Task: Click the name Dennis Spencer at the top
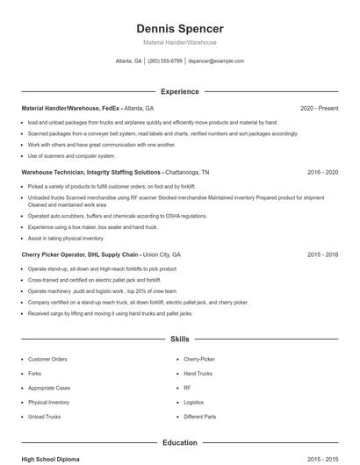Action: pos(179,28)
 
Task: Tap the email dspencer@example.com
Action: pos(216,61)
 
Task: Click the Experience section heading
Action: pos(179,91)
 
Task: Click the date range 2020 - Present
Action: pos(319,108)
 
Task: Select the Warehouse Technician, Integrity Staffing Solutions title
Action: pos(91,173)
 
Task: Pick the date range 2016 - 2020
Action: pos(322,173)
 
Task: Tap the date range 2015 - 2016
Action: pos(322,254)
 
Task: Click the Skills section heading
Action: pos(179,338)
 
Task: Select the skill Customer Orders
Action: pos(47,359)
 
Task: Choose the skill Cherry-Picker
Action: pos(199,359)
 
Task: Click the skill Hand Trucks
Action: pos(198,373)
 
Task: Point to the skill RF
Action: pos(187,388)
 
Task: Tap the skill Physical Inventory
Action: pos(49,402)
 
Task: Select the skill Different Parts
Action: pos(200,417)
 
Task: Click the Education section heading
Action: pos(179,443)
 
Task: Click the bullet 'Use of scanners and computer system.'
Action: pos(71,155)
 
